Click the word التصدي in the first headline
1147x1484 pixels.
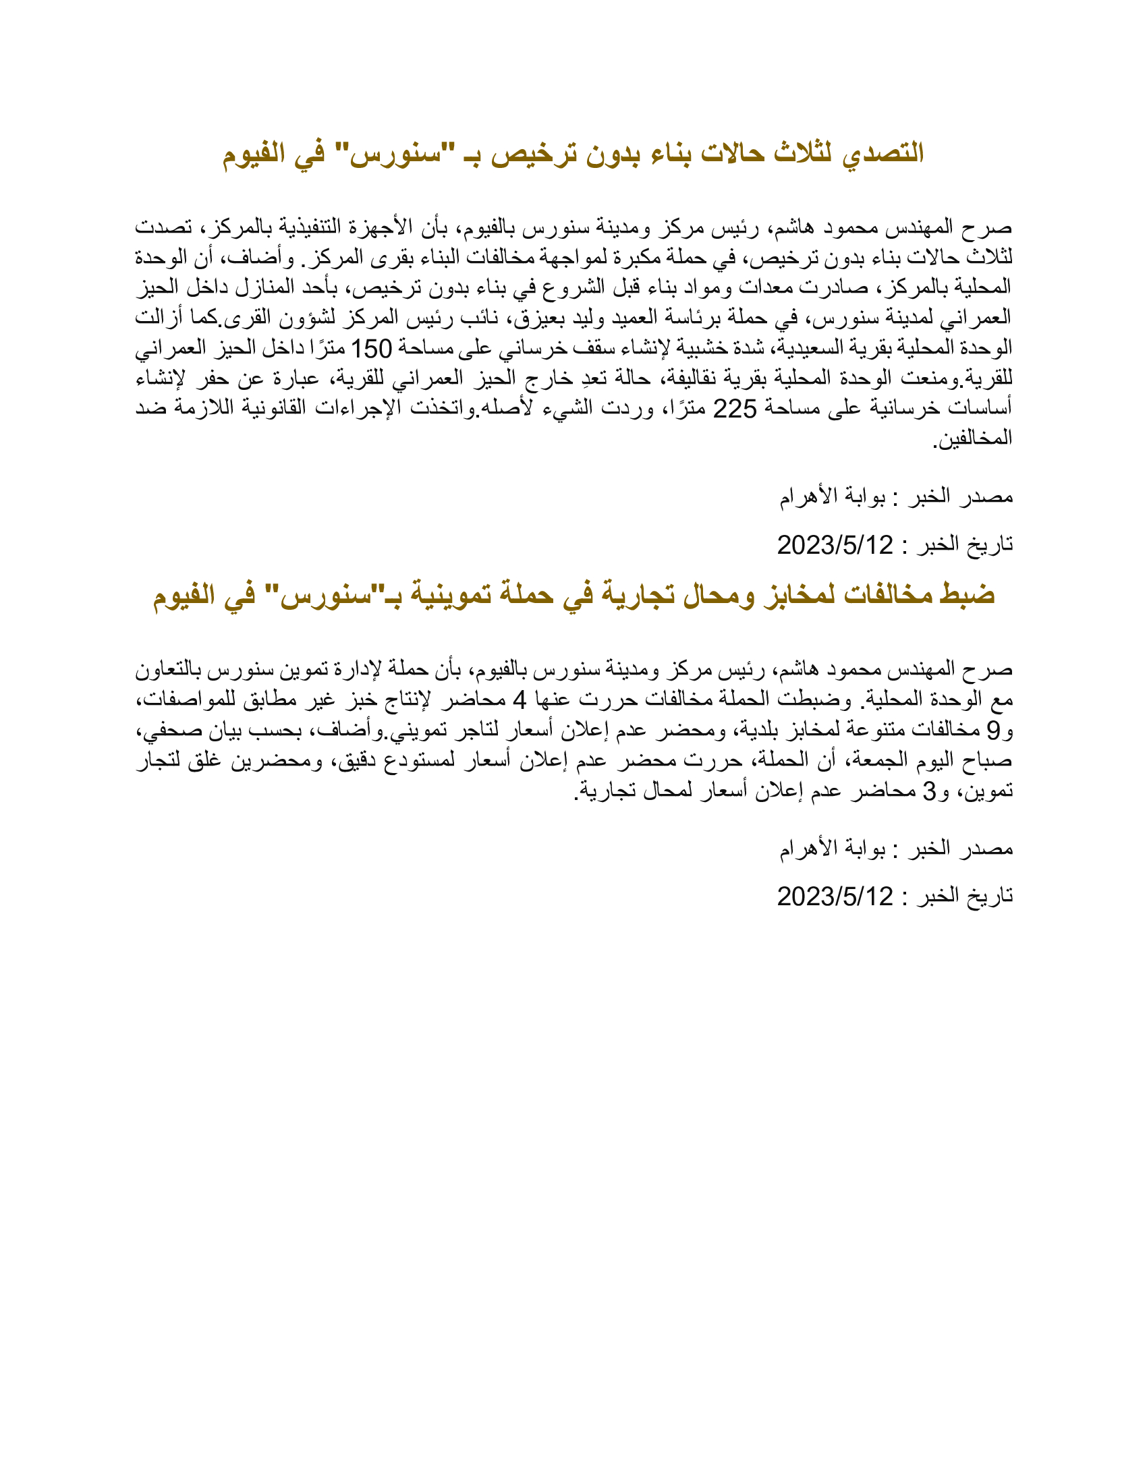tap(883, 154)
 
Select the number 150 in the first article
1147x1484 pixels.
tap(371, 349)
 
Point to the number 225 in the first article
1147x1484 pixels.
tap(734, 409)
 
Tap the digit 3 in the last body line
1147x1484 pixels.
tap(929, 791)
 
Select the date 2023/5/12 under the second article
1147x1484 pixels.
tap(835, 897)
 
